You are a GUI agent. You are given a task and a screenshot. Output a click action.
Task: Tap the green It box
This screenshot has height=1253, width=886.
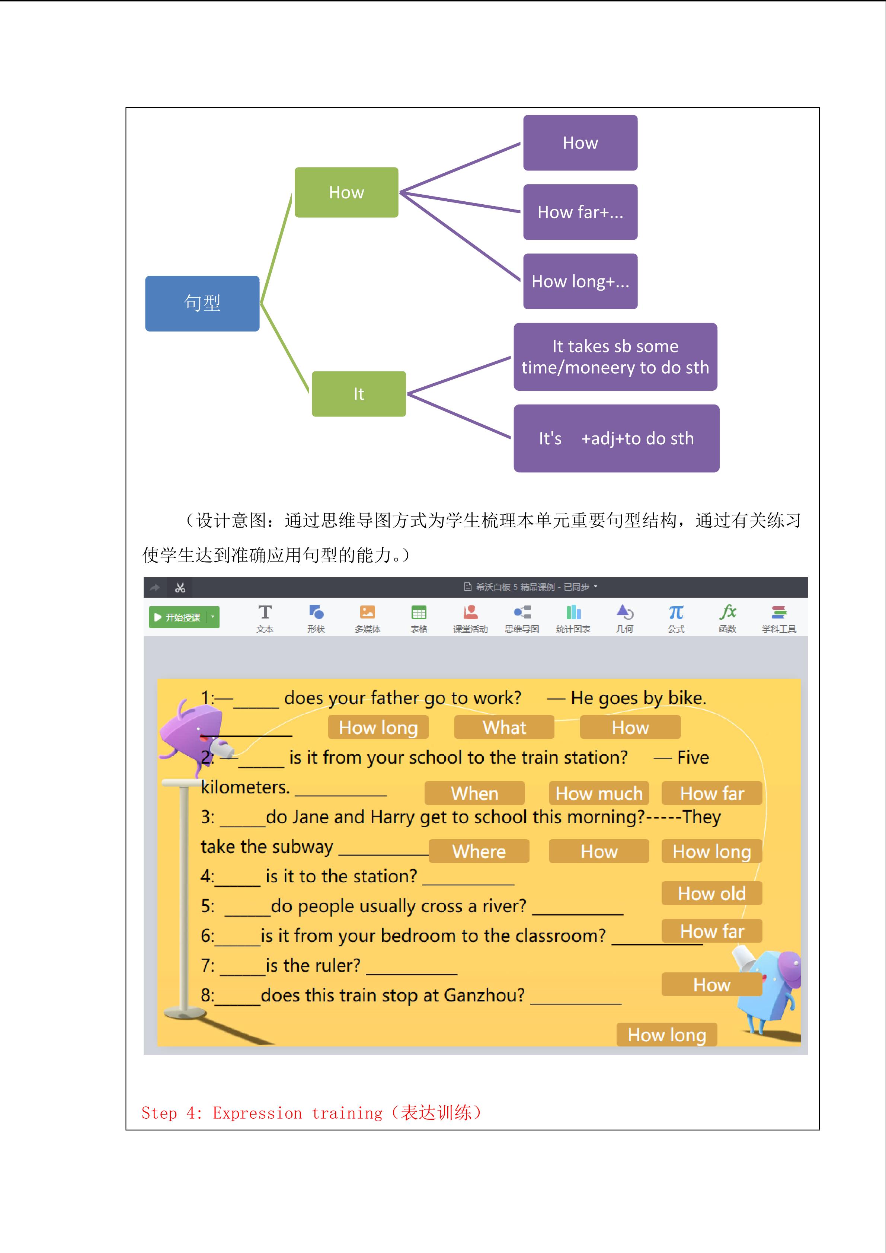[358, 394]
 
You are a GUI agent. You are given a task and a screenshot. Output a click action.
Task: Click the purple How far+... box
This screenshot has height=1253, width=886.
[580, 212]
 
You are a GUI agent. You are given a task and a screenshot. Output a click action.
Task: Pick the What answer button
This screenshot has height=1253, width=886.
[504, 728]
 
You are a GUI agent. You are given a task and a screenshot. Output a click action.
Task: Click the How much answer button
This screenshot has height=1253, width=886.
[598, 793]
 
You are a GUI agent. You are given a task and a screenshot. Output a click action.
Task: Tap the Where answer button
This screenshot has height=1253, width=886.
[479, 851]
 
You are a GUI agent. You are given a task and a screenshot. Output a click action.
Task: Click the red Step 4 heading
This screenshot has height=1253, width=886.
[311, 1113]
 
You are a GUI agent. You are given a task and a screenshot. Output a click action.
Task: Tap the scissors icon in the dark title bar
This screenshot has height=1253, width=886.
[180, 588]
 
